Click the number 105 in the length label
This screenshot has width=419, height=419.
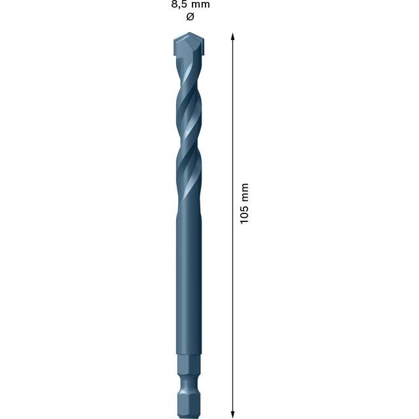click(245, 213)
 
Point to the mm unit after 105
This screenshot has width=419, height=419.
click(245, 191)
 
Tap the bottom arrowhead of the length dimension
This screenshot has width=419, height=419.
click(233, 413)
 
